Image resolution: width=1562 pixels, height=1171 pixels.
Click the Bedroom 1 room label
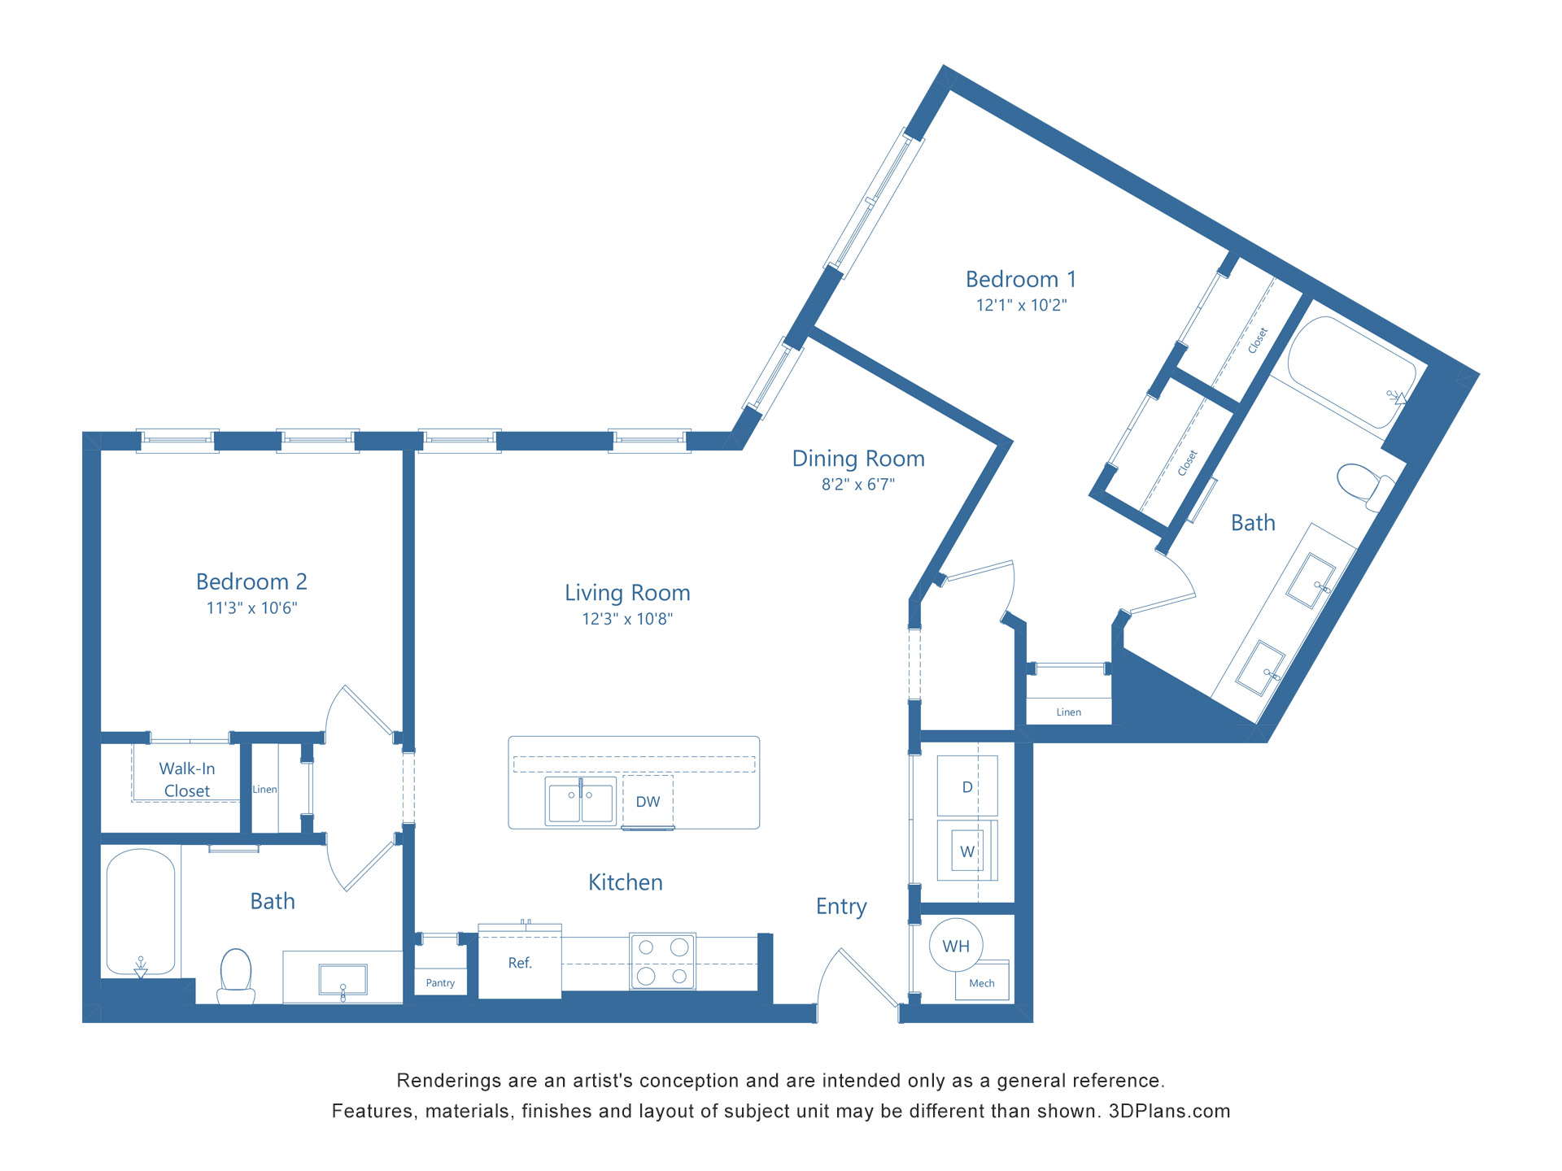1021,280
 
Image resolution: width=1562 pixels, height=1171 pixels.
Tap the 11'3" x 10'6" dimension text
251,608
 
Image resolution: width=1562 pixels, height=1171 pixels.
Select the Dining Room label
858,459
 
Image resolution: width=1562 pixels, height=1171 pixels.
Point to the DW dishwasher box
648,802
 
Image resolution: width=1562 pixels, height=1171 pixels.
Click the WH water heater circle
956,946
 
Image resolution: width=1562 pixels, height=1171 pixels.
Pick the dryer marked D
967,786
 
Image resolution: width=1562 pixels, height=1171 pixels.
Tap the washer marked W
967,851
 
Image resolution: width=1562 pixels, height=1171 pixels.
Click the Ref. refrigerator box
520,963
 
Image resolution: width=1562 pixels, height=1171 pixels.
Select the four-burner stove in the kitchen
662,961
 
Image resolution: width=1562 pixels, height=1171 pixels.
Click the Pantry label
440,983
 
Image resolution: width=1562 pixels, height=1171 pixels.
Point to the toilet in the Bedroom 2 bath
236,976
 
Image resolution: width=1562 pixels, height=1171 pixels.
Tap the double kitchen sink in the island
580,802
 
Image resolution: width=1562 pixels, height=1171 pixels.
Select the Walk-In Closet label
187,780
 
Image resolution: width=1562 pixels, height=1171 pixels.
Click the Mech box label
982,983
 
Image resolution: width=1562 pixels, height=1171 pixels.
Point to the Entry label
841,907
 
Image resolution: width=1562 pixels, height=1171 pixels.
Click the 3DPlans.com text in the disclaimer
1169,1112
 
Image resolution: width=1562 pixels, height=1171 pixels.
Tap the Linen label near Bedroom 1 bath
1068,712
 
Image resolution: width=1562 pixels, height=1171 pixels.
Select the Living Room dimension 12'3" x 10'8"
627,620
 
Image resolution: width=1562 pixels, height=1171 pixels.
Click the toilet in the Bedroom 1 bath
1363,483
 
